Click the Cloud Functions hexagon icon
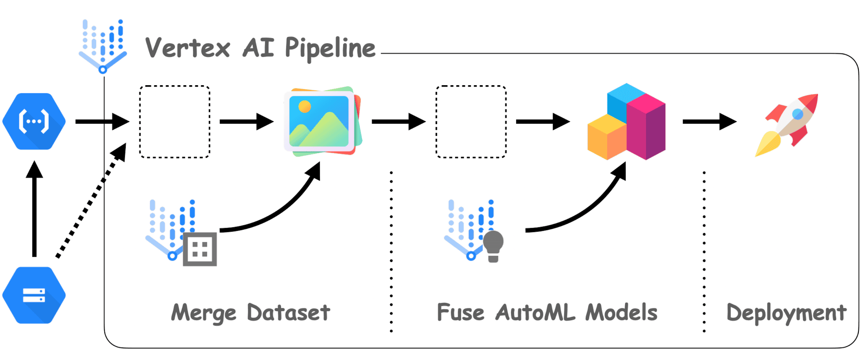(x=34, y=121)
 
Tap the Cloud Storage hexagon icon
(x=34, y=295)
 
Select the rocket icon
(x=787, y=124)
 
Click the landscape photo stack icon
(x=322, y=121)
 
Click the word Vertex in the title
(x=187, y=48)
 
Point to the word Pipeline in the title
(x=330, y=48)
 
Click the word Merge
(x=204, y=313)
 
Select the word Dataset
(x=289, y=313)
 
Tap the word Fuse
(x=461, y=313)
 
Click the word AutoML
(x=535, y=313)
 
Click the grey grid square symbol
(x=200, y=249)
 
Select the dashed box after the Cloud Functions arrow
(x=175, y=122)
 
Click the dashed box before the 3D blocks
(x=471, y=122)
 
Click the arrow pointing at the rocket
(x=709, y=122)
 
